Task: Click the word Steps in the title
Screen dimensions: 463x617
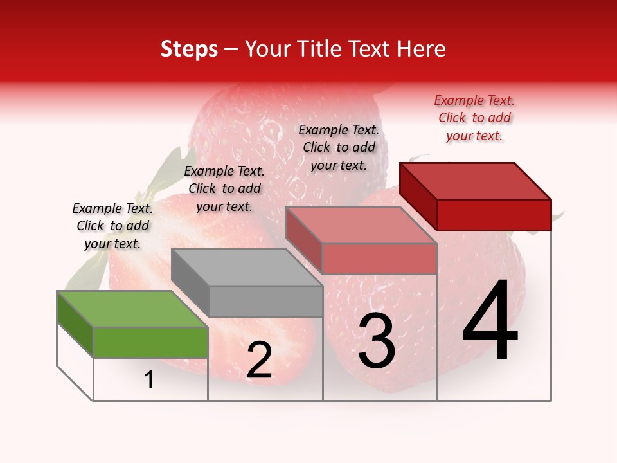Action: [189, 49]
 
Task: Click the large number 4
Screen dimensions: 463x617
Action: [490, 322]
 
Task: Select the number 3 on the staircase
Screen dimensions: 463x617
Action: [377, 341]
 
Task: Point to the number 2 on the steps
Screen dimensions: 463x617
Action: [259, 360]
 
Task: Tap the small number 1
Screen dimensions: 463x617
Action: [149, 379]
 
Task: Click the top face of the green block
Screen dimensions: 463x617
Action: [132, 309]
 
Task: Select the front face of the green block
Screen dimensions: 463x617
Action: [150, 342]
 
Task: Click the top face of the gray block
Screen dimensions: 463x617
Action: [246, 268]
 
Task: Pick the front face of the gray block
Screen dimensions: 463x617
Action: [265, 301]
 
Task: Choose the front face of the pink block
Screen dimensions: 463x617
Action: [379, 259]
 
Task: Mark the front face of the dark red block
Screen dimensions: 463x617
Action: [494, 215]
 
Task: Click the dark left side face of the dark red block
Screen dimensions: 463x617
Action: [418, 196]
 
